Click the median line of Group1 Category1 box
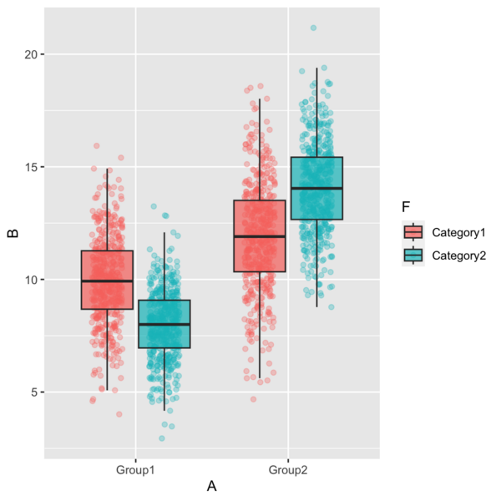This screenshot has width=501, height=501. (x=107, y=281)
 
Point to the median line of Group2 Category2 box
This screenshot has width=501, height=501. (x=316, y=189)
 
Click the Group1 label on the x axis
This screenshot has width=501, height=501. (x=135, y=471)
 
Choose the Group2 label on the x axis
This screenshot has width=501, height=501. (x=288, y=471)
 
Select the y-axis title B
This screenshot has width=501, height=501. (x=12, y=234)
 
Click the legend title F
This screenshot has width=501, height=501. (x=406, y=206)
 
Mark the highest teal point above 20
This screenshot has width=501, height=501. (x=313, y=28)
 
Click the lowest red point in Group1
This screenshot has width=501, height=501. (x=119, y=414)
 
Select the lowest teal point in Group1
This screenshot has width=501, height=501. (x=162, y=438)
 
